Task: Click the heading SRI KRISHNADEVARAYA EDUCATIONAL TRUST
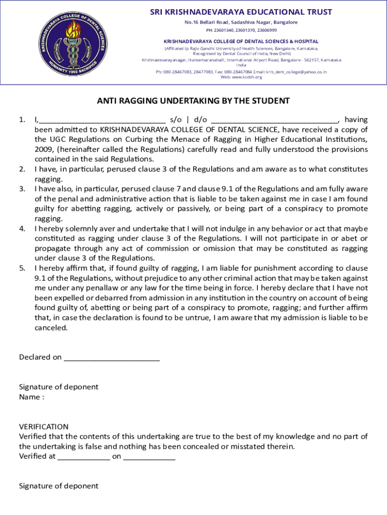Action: (241, 12)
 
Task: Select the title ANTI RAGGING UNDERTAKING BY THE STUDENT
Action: (193, 101)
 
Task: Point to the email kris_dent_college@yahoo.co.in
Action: (296, 72)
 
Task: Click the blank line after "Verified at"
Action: (83, 458)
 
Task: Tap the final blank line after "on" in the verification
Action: (149, 458)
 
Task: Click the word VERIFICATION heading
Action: (44, 426)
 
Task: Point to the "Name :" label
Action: (32, 397)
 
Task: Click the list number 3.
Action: (22, 189)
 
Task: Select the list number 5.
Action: (22, 268)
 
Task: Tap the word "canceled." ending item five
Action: (51, 327)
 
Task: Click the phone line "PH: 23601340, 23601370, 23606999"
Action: (241, 30)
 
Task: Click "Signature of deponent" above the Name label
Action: (59, 387)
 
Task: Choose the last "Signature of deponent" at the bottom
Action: (59, 486)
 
